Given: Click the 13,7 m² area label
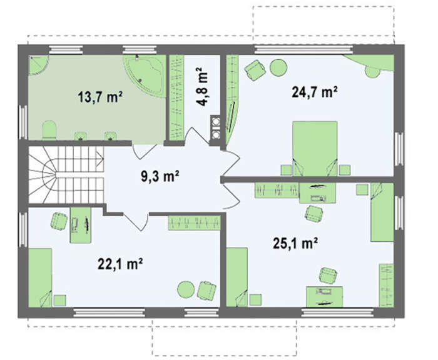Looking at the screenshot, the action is coord(100,97).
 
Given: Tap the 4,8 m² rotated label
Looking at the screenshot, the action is coord(202,86).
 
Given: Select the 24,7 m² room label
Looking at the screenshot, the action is coord(315,92).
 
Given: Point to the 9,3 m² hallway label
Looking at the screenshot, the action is coord(160,176).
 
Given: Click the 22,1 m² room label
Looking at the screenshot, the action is coord(120,264).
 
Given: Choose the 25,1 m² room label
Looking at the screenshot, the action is coord(295,243).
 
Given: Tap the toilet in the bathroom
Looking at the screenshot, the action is coord(49,129).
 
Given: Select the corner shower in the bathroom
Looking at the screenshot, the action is coord(38,65).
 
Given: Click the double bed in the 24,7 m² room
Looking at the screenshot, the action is coord(315,149).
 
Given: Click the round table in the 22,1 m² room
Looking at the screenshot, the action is coord(186,289).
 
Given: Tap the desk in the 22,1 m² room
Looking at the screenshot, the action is coord(81,224).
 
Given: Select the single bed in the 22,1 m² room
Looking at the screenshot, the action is coord(40,277).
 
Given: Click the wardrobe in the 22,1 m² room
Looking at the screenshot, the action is coord(194,222).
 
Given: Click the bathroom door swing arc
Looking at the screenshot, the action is coord(144,152).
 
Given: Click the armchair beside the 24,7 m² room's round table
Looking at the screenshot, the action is coord(255,71).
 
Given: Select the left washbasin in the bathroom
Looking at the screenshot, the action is coord(81,136).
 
